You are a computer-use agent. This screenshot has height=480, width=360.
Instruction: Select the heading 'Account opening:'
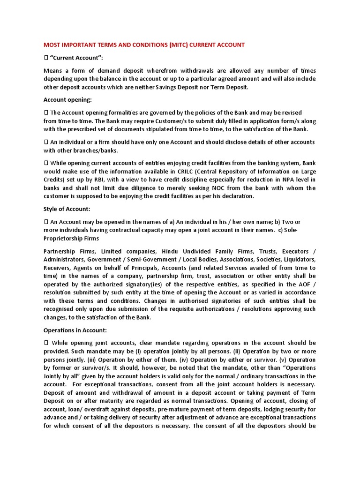pos(67,100)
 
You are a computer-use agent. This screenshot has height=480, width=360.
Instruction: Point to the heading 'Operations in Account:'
pos(75,330)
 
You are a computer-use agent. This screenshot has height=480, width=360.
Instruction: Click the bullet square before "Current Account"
pos(46,57)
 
